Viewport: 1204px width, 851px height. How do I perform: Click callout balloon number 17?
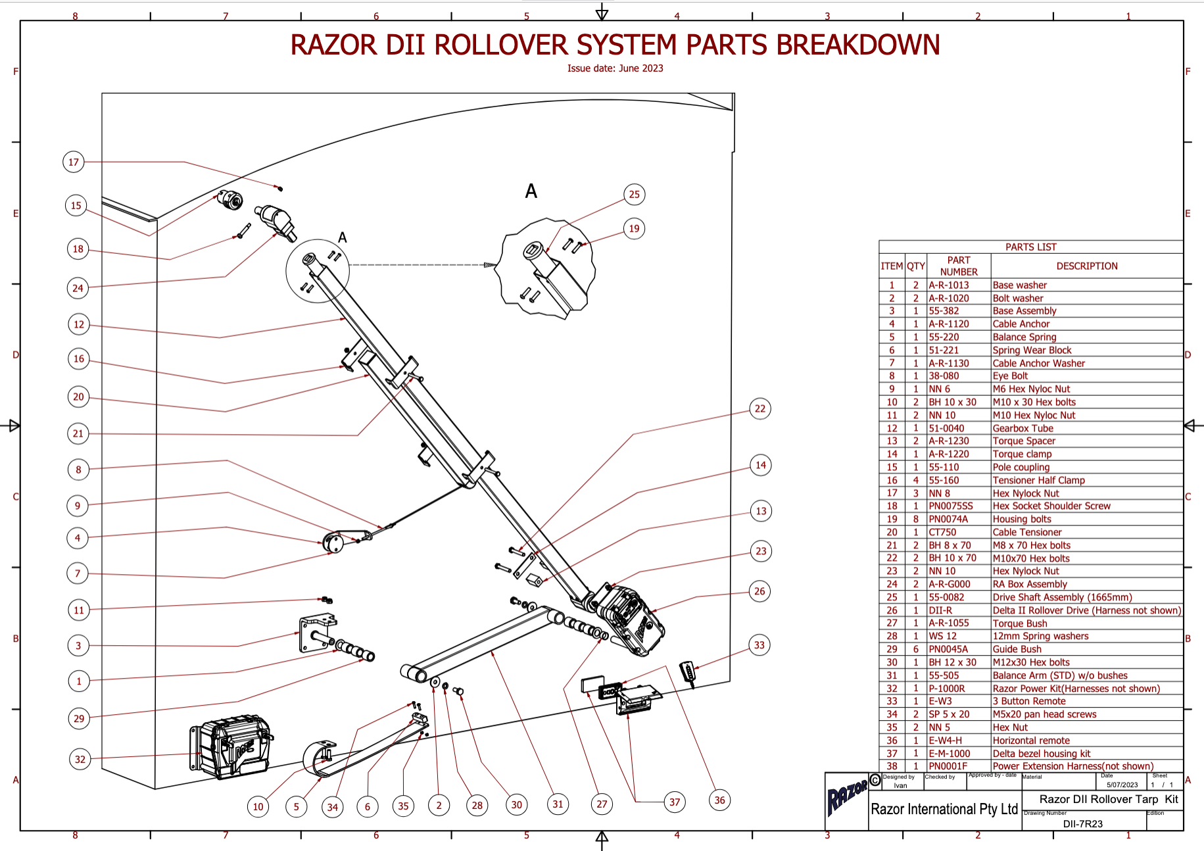[74, 162]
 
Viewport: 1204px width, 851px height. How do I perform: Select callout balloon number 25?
[634, 194]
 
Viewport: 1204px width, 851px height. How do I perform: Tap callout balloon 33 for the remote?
[759, 645]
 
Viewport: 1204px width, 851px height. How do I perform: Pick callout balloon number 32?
[80, 759]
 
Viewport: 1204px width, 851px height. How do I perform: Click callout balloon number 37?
[675, 802]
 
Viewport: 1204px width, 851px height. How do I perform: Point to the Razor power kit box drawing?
[231, 747]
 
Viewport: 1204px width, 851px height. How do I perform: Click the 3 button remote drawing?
[688, 673]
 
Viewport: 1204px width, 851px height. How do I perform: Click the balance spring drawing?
[322, 760]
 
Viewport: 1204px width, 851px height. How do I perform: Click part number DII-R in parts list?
[940, 610]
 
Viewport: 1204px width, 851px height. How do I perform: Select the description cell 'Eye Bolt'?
[1010, 376]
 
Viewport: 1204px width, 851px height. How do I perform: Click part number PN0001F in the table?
[948, 766]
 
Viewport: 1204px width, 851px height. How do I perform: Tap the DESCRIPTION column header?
[1086, 266]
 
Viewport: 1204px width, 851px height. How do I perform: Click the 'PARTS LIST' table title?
[1030, 247]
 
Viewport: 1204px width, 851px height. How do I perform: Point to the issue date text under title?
[615, 68]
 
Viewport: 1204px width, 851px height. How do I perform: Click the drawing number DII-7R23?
[1082, 823]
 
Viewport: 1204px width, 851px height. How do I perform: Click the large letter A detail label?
[531, 191]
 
